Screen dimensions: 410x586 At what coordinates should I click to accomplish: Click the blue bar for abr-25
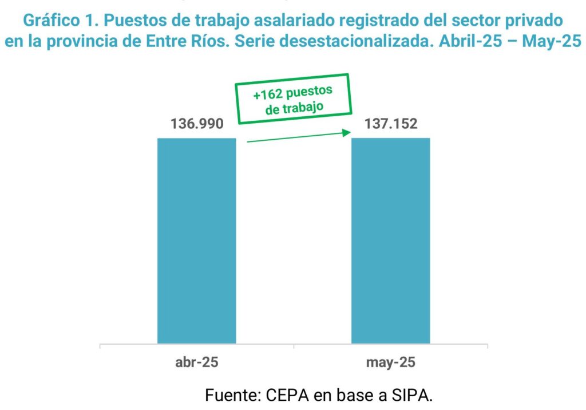pos(196,241)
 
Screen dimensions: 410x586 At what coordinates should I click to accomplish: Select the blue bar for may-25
pos(390,241)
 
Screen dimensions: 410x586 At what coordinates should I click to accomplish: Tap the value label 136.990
pos(196,124)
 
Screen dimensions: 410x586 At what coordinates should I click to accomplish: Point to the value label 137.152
pos(390,124)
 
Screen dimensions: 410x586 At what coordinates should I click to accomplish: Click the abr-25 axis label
pos(196,363)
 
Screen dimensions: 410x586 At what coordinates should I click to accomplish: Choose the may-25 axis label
pos(390,363)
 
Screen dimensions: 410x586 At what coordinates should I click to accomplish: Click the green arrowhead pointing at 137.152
pos(346,133)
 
